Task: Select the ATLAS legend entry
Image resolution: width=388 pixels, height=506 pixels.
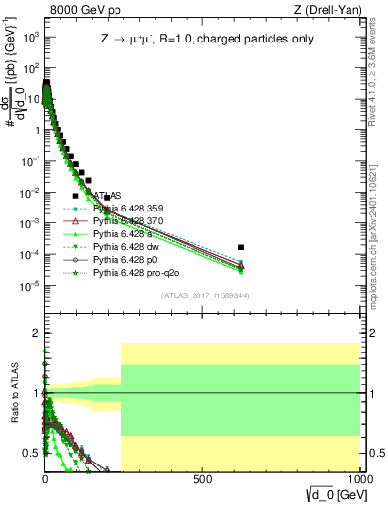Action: tap(109, 196)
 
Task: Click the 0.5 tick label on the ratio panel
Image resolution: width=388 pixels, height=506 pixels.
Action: tap(32, 453)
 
